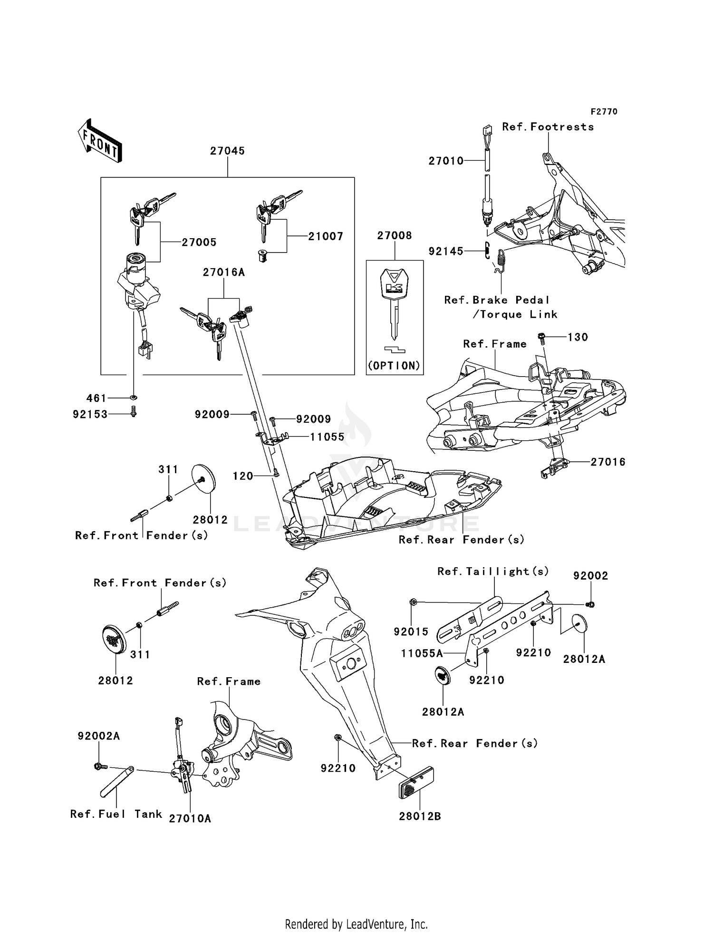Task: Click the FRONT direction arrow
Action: (x=99, y=141)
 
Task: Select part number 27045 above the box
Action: (x=227, y=151)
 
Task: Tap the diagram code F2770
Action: (x=604, y=112)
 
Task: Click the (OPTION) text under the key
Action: (x=394, y=366)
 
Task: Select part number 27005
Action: (x=199, y=243)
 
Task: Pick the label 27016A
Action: (x=223, y=272)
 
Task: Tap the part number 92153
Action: (x=90, y=415)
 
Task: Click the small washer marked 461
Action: (x=134, y=397)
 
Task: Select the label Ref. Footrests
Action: (x=548, y=127)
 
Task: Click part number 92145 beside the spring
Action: (x=445, y=252)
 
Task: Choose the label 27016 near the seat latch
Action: (x=607, y=462)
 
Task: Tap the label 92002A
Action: (x=98, y=736)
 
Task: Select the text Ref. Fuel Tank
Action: (x=116, y=814)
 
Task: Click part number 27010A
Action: (x=190, y=818)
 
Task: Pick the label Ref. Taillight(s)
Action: (x=492, y=572)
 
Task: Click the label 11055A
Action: (x=422, y=653)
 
